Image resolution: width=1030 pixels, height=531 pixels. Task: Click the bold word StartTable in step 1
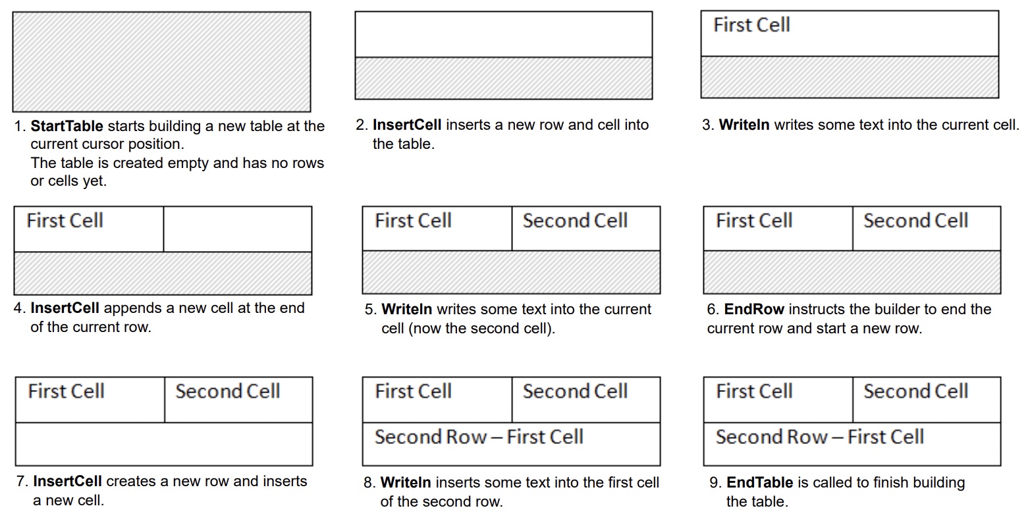[67, 126]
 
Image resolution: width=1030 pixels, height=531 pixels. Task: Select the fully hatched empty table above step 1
[161, 61]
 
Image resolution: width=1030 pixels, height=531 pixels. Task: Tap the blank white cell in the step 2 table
[503, 34]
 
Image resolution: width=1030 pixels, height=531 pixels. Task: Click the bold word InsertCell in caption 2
[406, 125]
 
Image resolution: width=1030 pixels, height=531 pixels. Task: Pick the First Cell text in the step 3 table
[751, 25]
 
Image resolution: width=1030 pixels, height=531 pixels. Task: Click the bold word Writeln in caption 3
[744, 125]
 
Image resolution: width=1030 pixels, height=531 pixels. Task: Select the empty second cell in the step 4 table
[237, 229]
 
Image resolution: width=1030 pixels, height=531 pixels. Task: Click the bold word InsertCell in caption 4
[65, 308]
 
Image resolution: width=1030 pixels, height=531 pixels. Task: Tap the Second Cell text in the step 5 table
[575, 221]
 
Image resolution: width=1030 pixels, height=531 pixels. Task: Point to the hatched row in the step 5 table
[511, 272]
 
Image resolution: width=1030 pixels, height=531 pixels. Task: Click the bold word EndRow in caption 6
[754, 309]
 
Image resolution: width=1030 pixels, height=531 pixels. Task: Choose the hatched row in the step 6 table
[852, 272]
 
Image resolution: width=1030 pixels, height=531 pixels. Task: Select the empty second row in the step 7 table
[163, 444]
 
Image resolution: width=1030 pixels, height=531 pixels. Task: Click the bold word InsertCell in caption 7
[67, 482]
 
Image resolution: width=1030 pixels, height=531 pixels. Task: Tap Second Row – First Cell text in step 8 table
[479, 437]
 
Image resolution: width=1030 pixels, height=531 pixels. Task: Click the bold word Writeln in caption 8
[406, 483]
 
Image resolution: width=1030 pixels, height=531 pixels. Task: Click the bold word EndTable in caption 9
[759, 483]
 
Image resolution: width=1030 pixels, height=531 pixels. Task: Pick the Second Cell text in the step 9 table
[915, 391]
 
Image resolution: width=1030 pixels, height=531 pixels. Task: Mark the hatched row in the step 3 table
[850, 77]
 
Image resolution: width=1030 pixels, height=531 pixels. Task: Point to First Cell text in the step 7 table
[66, 391]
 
